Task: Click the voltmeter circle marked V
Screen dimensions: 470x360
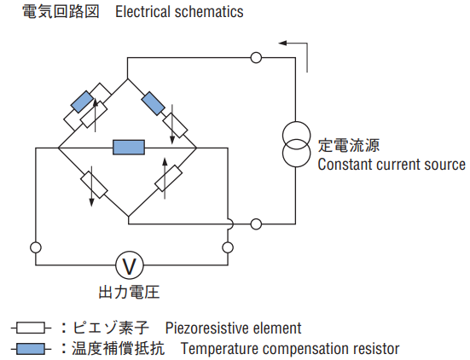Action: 130,265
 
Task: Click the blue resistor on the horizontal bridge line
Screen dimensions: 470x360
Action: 129,148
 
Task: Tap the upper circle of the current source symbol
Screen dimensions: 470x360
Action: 297,135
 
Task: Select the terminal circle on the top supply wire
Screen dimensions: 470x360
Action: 256,57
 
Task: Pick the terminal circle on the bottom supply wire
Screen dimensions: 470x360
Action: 256,224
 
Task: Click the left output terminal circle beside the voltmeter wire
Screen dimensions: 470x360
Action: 36,247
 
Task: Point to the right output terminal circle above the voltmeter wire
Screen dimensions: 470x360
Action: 228,247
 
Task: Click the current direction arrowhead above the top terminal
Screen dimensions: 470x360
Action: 282,44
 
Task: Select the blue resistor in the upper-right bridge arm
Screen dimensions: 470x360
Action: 153,104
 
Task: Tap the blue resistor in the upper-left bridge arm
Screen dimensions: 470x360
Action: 82,102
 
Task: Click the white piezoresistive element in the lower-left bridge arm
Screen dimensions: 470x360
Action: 94,184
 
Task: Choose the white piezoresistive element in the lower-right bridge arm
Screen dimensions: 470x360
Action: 168,178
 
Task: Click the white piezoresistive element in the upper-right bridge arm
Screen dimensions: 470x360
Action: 176,125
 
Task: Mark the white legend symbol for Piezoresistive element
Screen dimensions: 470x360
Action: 30,328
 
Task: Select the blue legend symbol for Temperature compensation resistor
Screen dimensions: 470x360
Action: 30,349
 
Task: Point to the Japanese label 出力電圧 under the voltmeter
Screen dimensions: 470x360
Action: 129,293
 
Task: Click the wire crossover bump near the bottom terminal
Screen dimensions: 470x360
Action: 230,224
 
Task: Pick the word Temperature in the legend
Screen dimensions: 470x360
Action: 218,349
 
